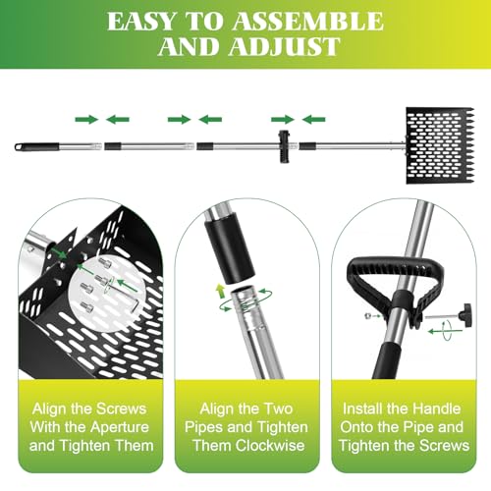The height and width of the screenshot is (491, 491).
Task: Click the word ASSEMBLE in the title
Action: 307,22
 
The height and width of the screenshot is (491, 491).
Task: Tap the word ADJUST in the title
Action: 285,46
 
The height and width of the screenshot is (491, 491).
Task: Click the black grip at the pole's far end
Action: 37,146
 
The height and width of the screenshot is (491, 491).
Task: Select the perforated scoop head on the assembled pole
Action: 440,145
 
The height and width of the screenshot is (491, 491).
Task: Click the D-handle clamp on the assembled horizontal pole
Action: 284,146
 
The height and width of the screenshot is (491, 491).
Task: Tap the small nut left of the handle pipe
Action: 367,316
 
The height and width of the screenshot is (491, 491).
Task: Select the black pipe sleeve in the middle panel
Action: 231,251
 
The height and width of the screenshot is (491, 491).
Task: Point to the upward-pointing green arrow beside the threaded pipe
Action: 220,291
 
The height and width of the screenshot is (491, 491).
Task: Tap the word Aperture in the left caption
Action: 120,427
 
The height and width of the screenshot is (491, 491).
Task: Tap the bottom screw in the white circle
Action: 86,307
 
